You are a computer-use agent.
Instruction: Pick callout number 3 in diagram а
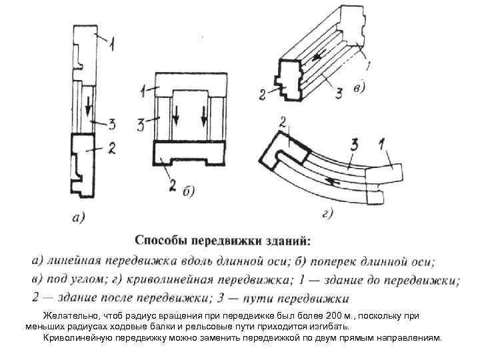coord(111,123)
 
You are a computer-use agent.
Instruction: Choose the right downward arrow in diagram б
coord(203,118)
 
